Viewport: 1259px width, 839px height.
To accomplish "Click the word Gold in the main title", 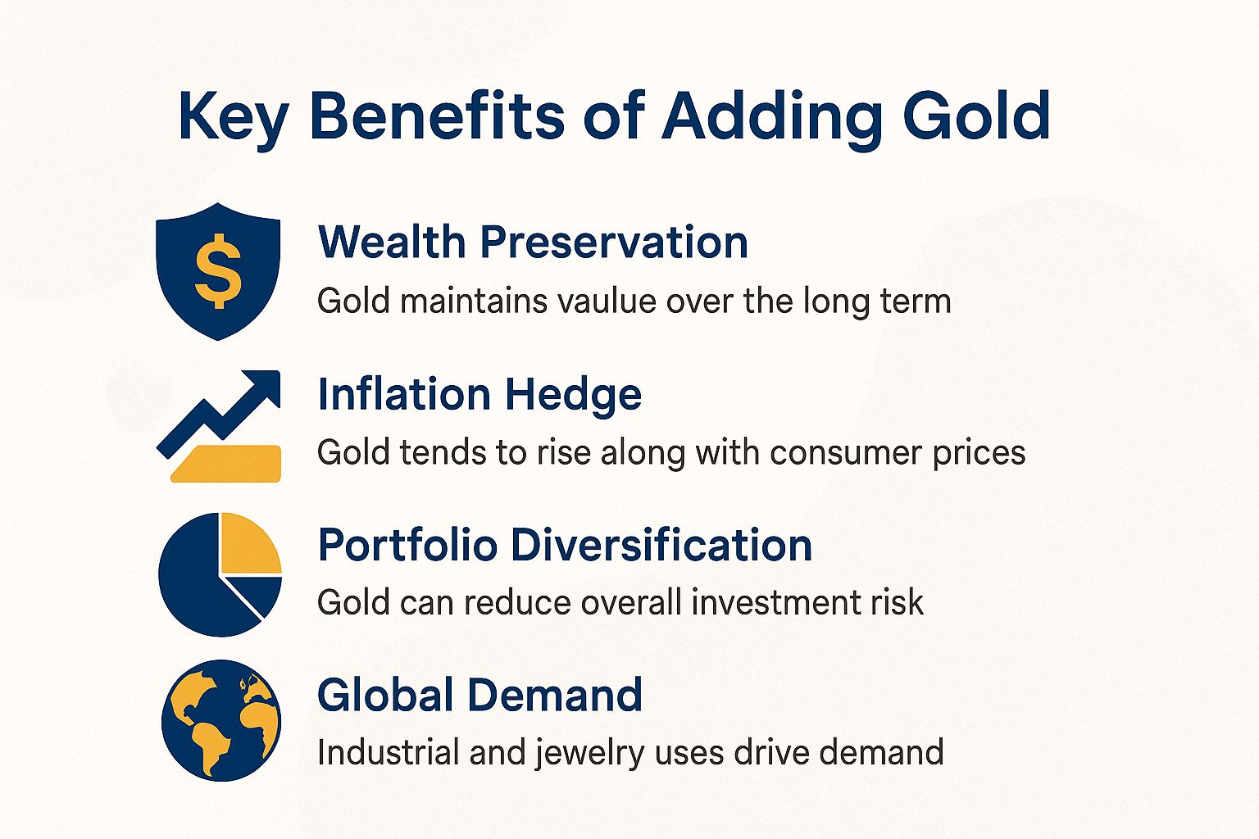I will tap(976, 116).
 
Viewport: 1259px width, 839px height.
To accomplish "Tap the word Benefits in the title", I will tap(437, 116).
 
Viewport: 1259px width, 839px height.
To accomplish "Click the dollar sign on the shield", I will tap(218, 270).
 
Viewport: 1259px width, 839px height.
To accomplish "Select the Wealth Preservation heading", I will tap(533, 243).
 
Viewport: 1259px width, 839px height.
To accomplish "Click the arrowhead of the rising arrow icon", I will tap(264, 387).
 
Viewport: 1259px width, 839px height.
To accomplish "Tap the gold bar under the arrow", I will tap(227, 463).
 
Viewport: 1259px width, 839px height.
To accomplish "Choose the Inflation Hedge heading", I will tap(480, 394).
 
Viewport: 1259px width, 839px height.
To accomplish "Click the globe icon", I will tap(220, 720).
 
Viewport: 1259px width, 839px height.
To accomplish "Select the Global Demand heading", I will tap(480, 696).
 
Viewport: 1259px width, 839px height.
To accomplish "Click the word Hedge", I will tap(573, 394).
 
